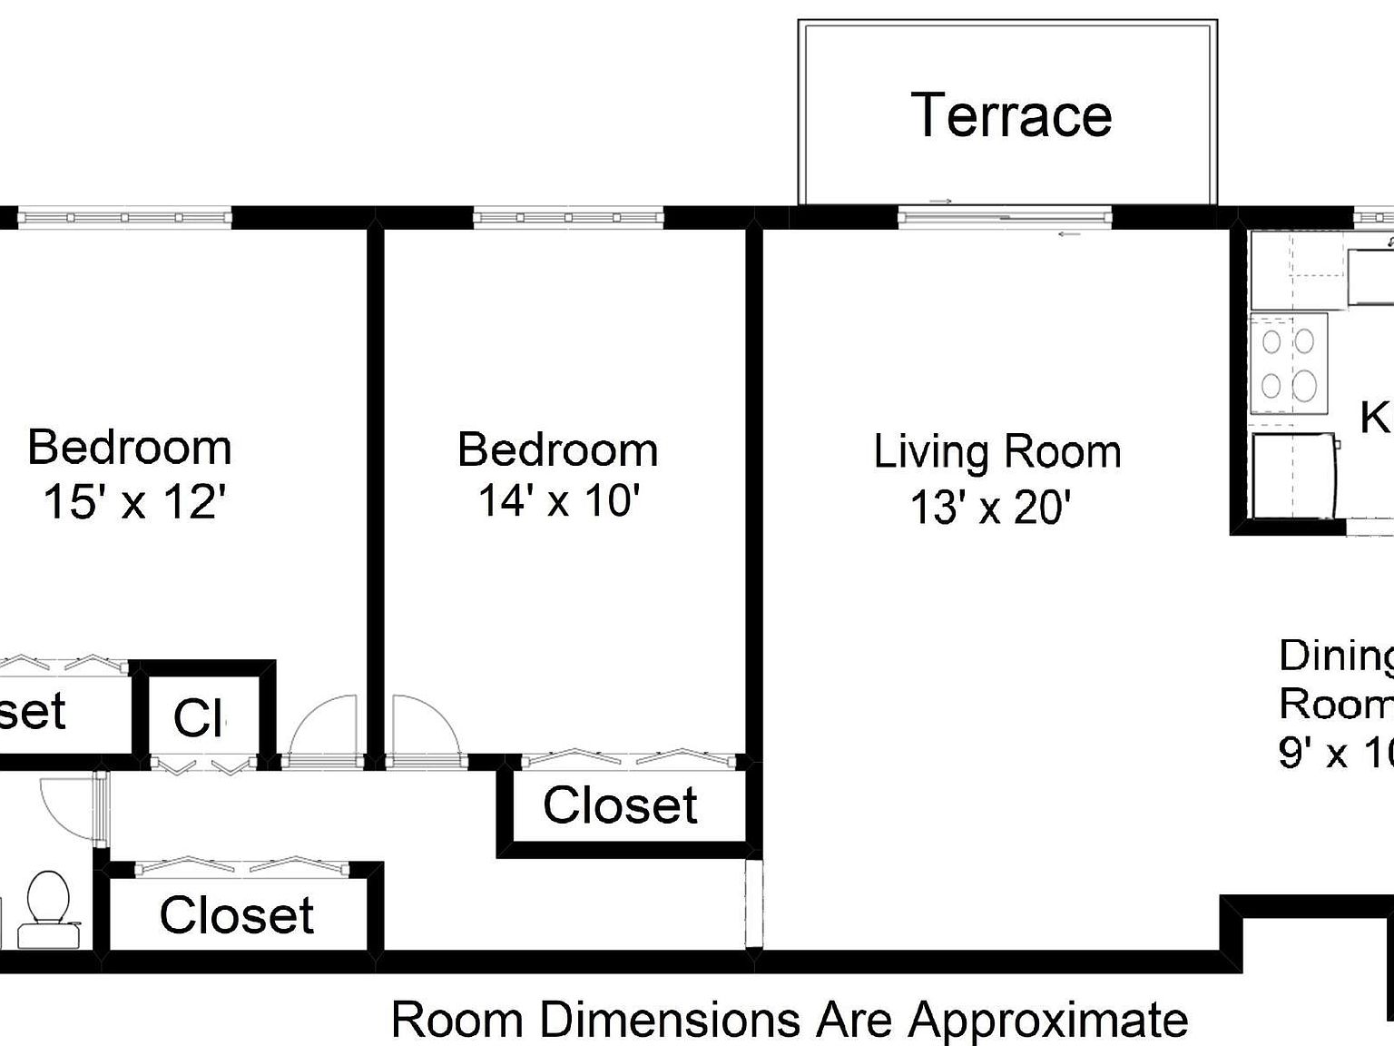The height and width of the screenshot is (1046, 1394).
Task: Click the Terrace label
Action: pyautogui.click(x=1011, y=115)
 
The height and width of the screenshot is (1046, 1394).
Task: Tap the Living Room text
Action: pyautogui.click(x=996, y=452)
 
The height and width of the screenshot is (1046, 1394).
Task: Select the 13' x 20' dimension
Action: pyautogui.click(x=991, y=507)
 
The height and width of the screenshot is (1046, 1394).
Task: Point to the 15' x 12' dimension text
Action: pyautogui.click(x=134, y=501)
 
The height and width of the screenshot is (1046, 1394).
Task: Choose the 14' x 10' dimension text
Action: pyautogui.click(x=559, y=500)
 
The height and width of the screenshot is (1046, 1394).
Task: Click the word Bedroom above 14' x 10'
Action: pyautogui.click(x=557, y=449)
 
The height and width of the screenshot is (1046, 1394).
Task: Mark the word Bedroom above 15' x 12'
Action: pyautogui.click(x=130, y=448)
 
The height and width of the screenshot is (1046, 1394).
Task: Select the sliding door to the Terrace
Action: pyautogui.click(x=1005, y=217)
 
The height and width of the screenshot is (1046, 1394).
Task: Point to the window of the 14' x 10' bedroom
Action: pyautogui.click(x=568, y=218)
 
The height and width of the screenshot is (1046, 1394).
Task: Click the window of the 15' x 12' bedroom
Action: pyautogui.click(x=125, y=218)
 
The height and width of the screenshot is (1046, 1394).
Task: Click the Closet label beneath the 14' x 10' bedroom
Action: pyautogui.click(x=620, y=805)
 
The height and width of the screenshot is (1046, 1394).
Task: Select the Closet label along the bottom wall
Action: pyautogui.click(x=236, y=914)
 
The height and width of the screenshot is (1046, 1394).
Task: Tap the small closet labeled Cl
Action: pyautogui.click(x=200, y=717)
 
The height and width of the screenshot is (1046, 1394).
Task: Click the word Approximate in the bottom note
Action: pyautogui.click(x=1047, y=1020)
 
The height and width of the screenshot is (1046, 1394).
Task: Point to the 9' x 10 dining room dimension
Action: pyautogui.click(x=1334, y=753)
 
